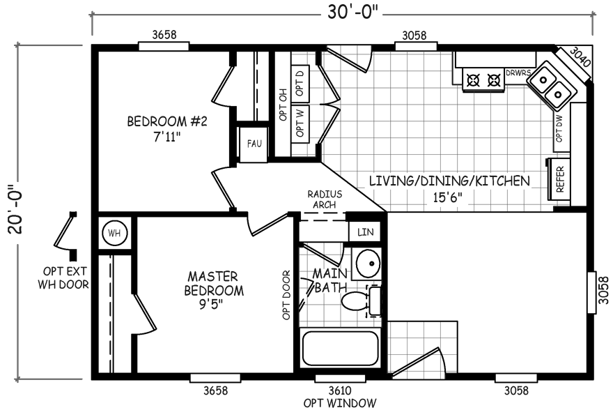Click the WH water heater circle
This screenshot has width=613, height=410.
pyautogui.click(x=114, y=234)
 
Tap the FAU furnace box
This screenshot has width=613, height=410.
pyautogui.click(x=254, y=144)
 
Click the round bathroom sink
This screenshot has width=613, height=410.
pyautogui.click(x=368, y=263)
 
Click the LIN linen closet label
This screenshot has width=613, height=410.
pyautogui.click(x=365, y=232)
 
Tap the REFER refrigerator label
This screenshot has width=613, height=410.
pyautogui.click(x=560, y=180)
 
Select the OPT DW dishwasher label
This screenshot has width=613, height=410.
pyautogui.click(x=559, y=129)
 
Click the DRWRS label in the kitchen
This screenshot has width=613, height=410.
pyautogui.click(x=518, y=73)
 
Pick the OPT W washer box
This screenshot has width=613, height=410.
pyautogui.click(x=300, y=123)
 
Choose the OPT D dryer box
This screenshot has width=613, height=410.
pyautogui.click(x=300, y=84)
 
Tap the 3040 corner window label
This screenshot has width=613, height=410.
pyautogui.click(x=580, y=57)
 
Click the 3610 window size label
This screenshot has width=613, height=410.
pyautogui.click(x=339, y=390)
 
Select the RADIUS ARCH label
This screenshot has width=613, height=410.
pyautogui.click(x=325, y=199)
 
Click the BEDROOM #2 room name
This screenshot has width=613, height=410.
pyautogui.click(x=167, y=121)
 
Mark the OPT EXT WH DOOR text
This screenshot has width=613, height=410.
pyautogui.click(x=63, y=278)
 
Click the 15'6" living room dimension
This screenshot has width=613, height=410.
pyautogui.click(x=447, y=197)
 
